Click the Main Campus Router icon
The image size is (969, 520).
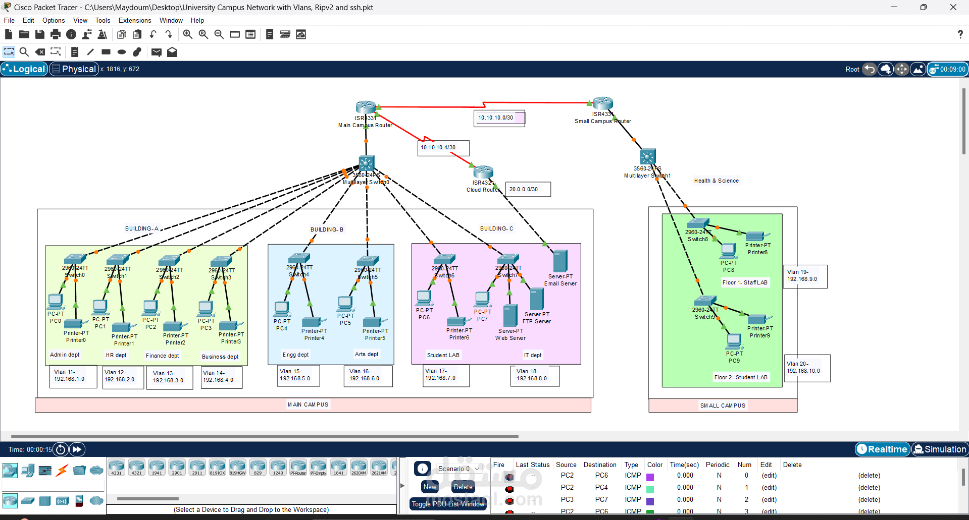[366, 107]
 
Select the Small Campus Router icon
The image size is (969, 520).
[603, 103]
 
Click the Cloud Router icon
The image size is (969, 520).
[483, 172]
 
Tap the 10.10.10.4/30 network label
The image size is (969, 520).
[438, 148]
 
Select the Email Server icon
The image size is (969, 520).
[560, 261]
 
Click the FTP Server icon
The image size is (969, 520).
[536, 300]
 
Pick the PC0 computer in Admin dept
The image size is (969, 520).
[55, 301]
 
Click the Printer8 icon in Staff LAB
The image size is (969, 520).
[755, 236]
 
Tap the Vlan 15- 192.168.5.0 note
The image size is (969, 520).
[295, 375]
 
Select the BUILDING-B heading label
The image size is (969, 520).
[327, 229]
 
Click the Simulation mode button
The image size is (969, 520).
[940, 449]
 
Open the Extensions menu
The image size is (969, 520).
[134, 21]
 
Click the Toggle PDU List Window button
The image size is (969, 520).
[448, 504]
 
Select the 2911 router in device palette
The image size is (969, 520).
[197, 467]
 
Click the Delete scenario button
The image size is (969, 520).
[463, 487]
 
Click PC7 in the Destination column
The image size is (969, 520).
[601, 499]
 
